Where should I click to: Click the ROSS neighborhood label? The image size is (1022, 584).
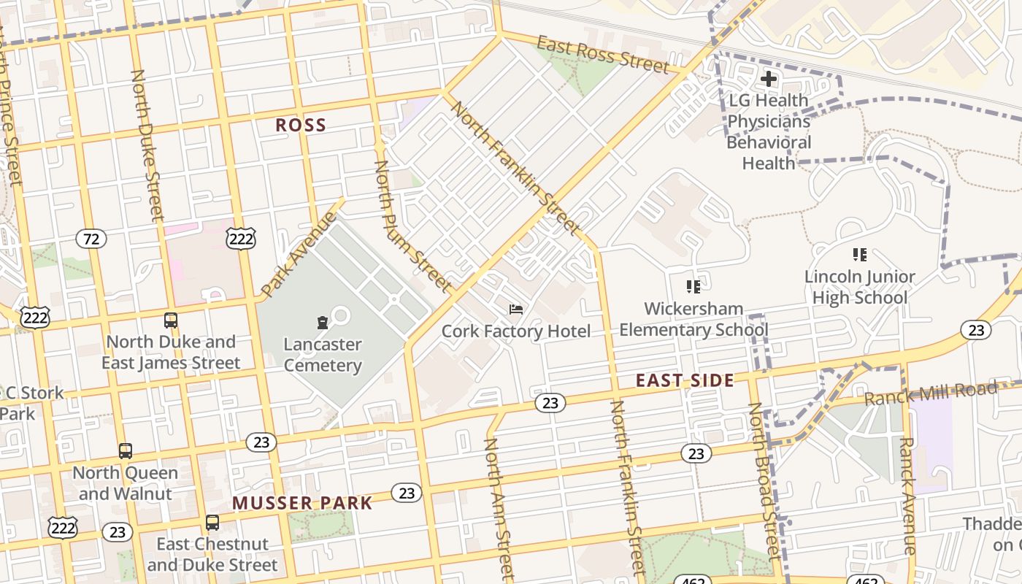301,125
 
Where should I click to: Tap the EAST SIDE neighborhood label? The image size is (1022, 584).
684,380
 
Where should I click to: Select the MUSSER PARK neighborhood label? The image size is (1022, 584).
302,503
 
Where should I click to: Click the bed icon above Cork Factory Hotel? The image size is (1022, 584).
516,310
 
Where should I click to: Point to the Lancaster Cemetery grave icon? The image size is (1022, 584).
322,322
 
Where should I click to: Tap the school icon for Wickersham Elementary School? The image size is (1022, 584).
693,286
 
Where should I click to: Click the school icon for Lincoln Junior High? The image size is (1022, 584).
859,255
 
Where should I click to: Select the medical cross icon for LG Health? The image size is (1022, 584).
768,79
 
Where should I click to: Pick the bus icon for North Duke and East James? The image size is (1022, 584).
170,320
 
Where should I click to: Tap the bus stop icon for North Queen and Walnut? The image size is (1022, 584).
126,451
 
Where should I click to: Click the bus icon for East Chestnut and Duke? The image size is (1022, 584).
212,523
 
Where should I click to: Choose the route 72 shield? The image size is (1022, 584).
91,239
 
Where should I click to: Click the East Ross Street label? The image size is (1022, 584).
603,54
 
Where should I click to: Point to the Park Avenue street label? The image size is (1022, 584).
299,254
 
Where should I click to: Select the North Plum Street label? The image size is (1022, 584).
412,226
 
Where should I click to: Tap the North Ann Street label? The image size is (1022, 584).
500,509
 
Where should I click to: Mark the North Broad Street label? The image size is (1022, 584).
764,482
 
